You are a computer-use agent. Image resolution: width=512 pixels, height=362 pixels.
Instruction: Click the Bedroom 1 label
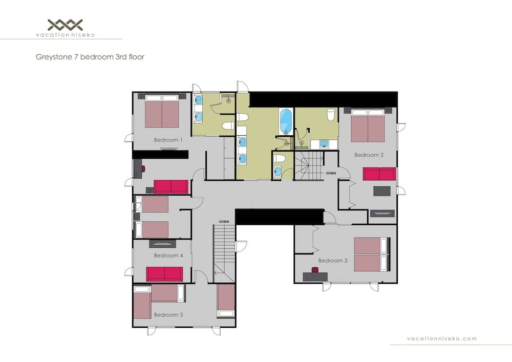point(168,140)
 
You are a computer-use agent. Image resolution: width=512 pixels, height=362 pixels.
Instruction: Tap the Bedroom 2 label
point(369,155)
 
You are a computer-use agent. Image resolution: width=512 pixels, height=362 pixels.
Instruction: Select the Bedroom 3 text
point(332,261)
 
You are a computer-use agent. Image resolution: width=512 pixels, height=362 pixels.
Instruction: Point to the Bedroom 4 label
point(168,255)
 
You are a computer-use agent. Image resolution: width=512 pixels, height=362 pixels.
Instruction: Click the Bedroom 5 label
point(168,315)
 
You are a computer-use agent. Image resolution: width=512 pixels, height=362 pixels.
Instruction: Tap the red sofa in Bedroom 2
point(379,174)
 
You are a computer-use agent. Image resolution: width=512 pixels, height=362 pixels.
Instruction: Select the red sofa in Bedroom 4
point(164,274)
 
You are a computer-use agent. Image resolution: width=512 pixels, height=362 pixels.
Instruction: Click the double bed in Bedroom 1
point(162,113)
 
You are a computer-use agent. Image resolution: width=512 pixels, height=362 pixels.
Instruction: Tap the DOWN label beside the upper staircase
point(331,173)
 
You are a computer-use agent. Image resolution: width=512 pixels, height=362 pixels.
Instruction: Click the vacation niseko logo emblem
point(65,24)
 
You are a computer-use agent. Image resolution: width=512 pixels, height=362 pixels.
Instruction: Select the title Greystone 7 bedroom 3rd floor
point(90,57)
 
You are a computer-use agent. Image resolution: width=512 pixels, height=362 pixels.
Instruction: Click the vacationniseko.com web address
point(441,338)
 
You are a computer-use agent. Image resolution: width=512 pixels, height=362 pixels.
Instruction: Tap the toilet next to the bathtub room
point(331,114)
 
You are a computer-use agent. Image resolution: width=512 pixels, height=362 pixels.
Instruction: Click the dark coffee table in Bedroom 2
point(381,191)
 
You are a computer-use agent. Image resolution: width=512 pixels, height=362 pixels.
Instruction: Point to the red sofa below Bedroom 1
point(171,187)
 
